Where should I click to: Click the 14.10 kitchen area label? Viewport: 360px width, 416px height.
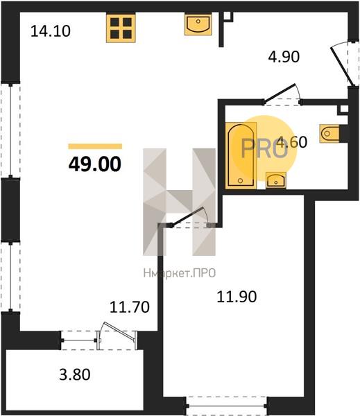(51, 31)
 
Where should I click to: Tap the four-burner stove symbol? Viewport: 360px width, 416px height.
(121, 28)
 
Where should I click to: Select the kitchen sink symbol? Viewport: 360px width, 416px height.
(198, 25)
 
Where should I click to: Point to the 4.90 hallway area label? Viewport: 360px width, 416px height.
(284, 57)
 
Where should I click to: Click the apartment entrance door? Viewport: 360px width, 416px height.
(343, 67)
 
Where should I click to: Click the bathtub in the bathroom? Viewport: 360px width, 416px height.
(241, 155)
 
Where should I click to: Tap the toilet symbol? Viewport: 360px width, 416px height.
(329, 133)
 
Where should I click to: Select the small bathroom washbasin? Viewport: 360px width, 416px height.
(276, 180)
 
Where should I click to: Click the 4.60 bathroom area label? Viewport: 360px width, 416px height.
(291, 141)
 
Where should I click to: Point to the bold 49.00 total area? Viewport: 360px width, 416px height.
(95, 164)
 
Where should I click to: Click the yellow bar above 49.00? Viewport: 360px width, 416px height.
(95, 146)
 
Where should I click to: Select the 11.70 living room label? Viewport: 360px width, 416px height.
(130, 307)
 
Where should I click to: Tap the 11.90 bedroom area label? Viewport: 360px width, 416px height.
(237, 297)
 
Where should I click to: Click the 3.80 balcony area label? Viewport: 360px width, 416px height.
(75, 374)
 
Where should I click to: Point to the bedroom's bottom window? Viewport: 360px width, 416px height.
(226, 406)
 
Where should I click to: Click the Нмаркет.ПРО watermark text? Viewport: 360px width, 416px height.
(180, 273)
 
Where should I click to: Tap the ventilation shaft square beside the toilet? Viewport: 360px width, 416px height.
(344, 110)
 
